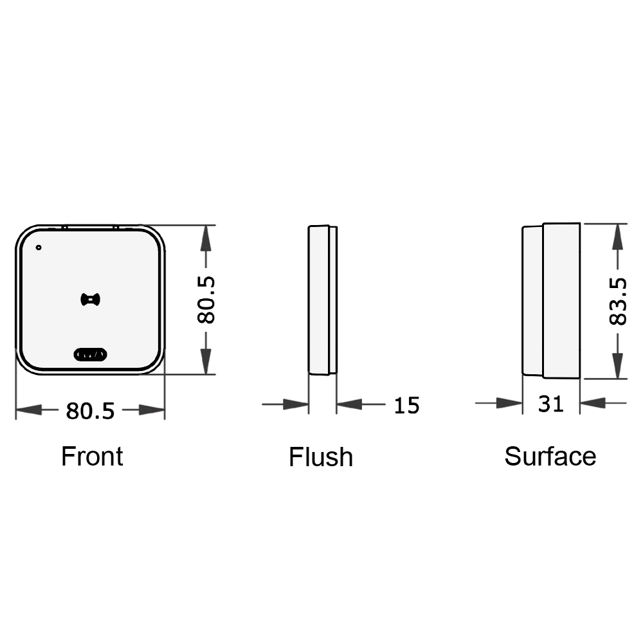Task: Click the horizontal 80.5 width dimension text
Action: click(x=90, y=410)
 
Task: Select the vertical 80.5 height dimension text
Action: click(x=206, y=300)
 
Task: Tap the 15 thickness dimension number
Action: click(x=406, y=405)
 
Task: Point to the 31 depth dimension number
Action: click(x=551, y=404)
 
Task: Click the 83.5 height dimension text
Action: click(x=618, y=301)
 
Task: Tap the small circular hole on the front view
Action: click(x=39, y=248)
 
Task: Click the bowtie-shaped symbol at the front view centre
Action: click(x=91, y=299)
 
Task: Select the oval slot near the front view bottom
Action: click(x=91, y=354)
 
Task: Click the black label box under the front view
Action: click(x=93, y=455)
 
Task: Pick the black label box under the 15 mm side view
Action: click(x=321, y=456)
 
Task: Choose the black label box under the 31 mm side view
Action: click(x=550, y=455)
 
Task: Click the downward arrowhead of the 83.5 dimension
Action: click(x=618, y=365)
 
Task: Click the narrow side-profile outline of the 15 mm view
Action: click(x=322, y=300)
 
